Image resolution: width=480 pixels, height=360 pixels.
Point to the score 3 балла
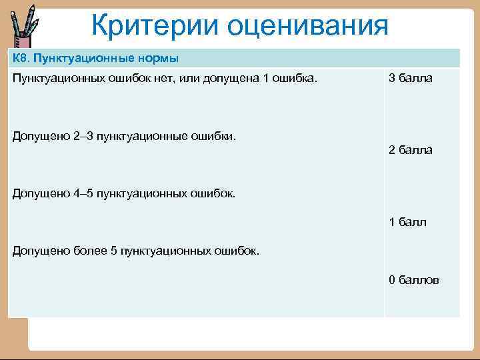coord(410,79)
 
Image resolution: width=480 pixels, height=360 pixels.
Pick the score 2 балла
coord(410,150)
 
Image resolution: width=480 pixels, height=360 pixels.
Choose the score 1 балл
coord(407,222)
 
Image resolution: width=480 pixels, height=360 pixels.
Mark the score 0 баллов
coord(413,280)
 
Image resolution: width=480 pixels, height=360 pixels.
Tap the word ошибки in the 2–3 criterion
coord(217,136)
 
